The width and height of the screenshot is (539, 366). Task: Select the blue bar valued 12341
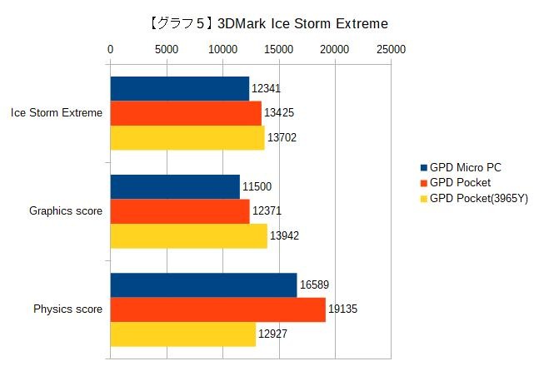point(179,88)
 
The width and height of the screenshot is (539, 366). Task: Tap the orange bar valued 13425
point(186,112)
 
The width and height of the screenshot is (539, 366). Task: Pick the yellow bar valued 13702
point(187,136)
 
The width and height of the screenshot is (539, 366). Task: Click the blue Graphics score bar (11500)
point(175,186)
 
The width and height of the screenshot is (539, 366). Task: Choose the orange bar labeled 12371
point(180,211)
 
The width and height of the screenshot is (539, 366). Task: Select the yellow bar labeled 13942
point(189,235)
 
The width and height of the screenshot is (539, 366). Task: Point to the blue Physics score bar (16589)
point(203,284)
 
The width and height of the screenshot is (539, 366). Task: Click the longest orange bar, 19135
point(217,309)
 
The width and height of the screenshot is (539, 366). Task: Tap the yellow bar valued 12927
point(182,334)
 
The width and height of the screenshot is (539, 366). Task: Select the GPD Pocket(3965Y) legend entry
point(478,198)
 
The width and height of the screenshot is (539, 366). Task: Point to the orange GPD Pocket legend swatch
point(424,183)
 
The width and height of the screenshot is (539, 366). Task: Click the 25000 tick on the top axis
point(391,50)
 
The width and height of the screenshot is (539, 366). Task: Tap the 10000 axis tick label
point(222,50)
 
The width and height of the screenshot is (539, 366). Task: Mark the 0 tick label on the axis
point(111,50)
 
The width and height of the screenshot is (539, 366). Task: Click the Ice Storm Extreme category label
point(57,113)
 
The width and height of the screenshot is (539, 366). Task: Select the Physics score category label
point(67,309)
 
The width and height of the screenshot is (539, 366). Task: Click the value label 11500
point(257,186)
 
